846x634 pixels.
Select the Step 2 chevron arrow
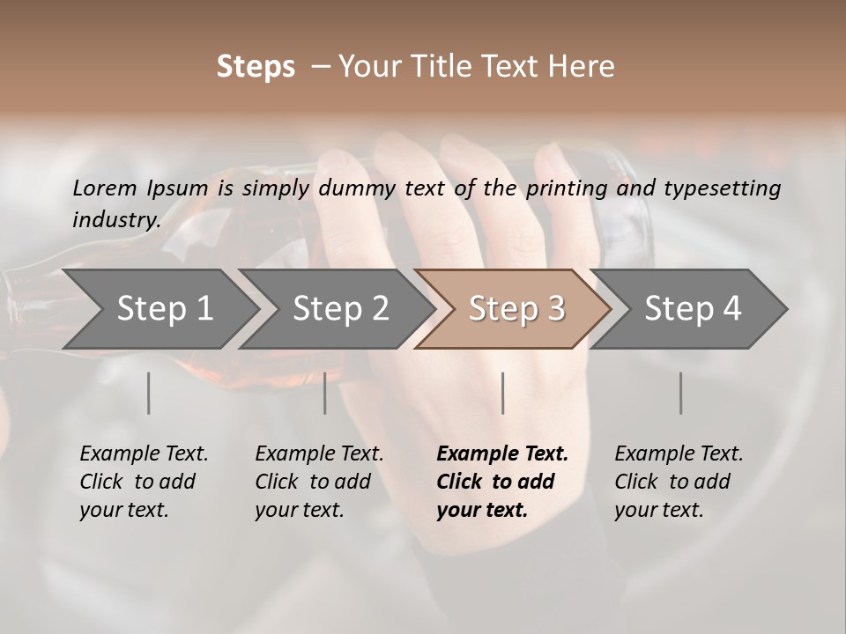(340, 309)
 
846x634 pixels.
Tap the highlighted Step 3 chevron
(516, 309)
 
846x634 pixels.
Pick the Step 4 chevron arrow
(693, 309)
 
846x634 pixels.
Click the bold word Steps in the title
(256, 67)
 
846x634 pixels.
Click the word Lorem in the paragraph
(104, 188)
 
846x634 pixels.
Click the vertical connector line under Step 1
(149, 393)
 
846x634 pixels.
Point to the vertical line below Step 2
(325, 393)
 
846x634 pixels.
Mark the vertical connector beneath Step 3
(503, 393)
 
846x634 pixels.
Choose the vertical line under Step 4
(681, 393)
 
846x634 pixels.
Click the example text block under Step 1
(144, 482)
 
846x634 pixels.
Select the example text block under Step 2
(319, 482)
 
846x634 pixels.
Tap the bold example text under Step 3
(502, 482)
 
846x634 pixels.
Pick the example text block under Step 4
(679, 482)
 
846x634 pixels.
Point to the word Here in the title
(581, 67)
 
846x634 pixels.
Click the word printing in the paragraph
(566, 188)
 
